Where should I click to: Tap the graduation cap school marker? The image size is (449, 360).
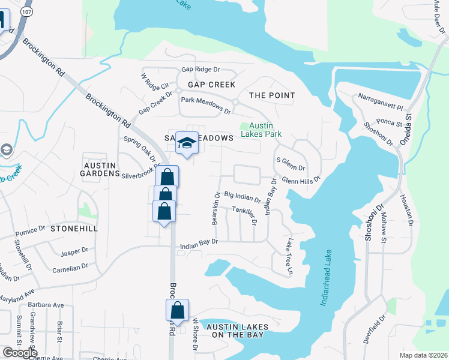(x=187, y=143)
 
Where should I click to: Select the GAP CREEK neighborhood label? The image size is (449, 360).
(x=211, y=85)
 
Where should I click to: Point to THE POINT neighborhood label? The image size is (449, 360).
(x=272, y=95)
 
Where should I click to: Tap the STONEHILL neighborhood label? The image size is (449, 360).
(x=74, y=229)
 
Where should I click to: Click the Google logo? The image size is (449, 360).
(x=20, y=352)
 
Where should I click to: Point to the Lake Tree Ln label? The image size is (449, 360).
(x=291, y=257)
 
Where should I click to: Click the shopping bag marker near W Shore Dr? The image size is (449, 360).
(x=177, y=310)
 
